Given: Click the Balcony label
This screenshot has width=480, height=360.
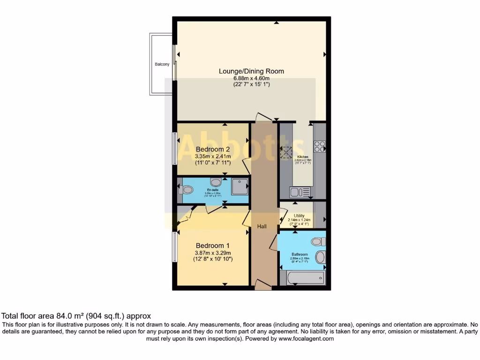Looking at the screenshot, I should pos(162,64).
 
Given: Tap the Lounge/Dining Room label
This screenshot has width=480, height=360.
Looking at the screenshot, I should pos(251,71).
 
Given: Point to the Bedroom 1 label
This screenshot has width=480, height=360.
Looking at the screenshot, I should pos(213,246).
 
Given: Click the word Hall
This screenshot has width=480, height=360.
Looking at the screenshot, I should pos(262,226).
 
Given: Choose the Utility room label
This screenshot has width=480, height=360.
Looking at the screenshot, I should pos(299,216).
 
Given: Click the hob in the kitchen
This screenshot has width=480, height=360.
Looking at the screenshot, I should pos(320,147).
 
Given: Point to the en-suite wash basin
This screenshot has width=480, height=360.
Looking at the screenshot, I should pos(216,182).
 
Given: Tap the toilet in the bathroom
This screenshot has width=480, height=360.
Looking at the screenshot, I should pos(318,242).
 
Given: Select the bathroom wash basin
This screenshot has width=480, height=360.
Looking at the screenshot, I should pos(321,257).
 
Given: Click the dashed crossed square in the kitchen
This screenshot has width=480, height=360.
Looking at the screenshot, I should pos(286,153).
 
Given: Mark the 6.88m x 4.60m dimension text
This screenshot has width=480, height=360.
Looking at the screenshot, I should pos(251,78).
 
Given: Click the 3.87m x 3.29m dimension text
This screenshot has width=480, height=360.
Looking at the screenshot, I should pos(213,253).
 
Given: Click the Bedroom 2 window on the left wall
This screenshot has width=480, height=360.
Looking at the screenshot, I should pos(174,148).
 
